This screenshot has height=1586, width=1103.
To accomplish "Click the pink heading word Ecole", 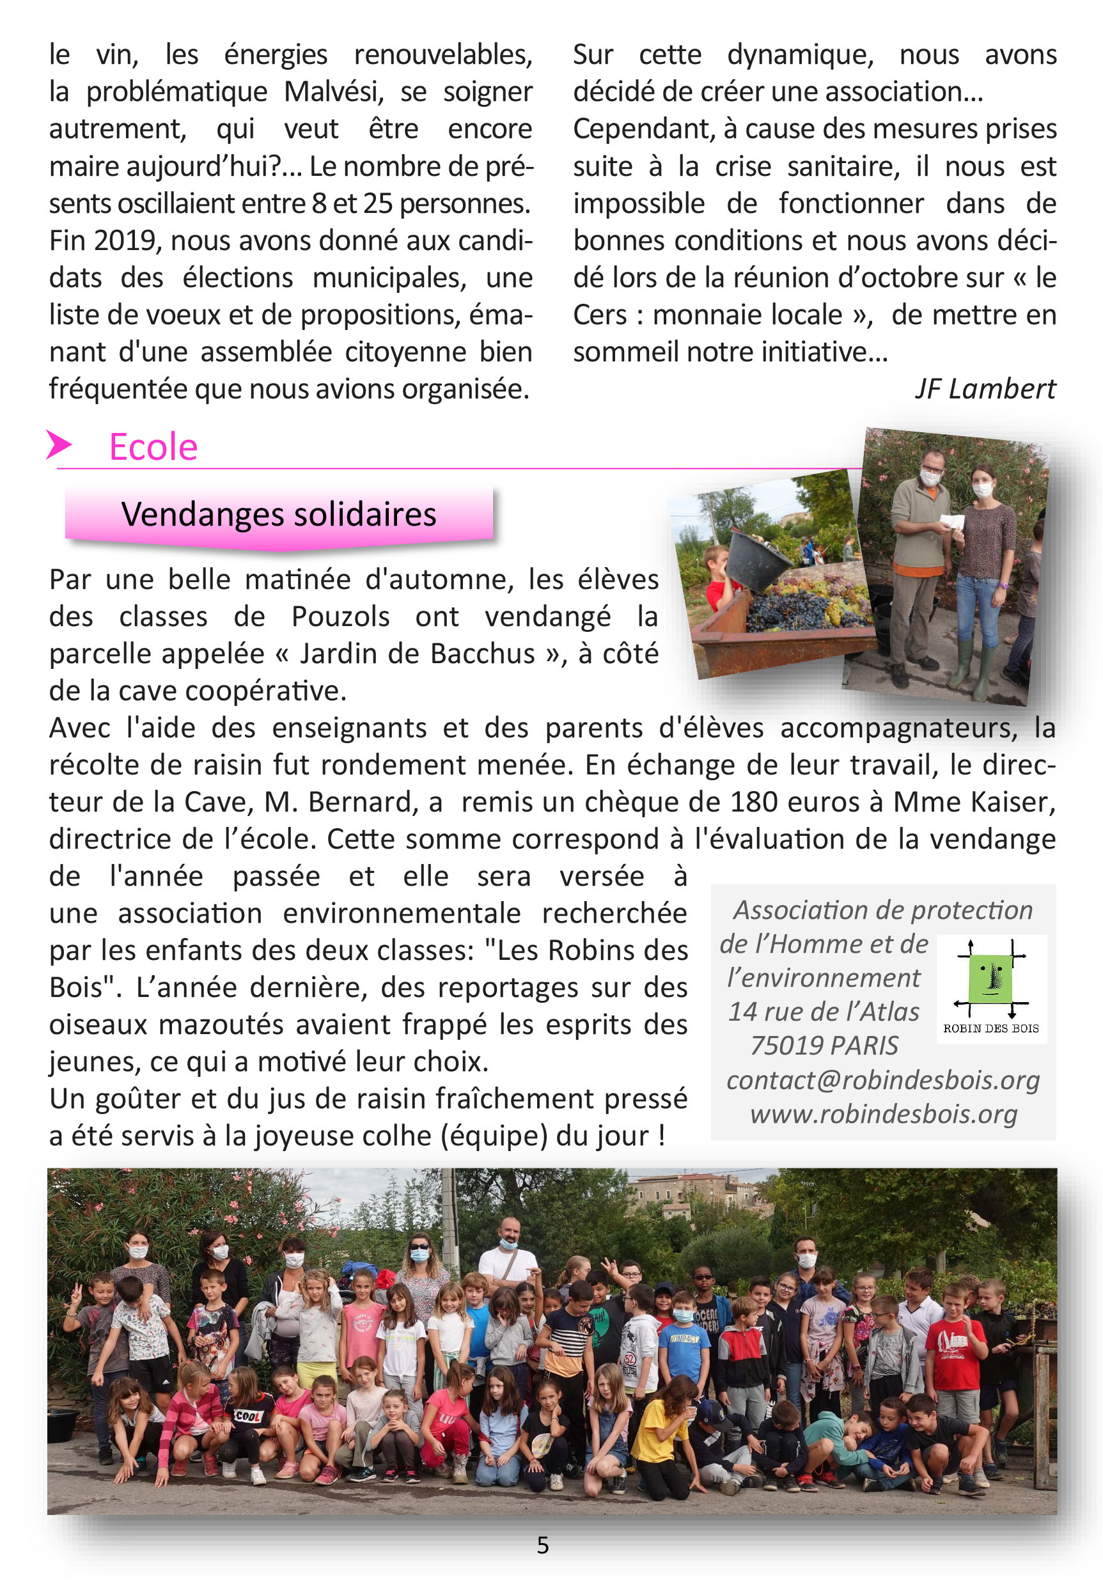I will pyautogui.click(x=153, y=447).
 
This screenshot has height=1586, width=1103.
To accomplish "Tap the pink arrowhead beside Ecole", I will pyautogui.click(x=59, y=444).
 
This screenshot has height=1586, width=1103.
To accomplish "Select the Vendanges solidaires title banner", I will pyautogui.click(x=278, y=515).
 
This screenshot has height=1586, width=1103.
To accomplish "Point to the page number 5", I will pyautogui.click(x=543, y=1546).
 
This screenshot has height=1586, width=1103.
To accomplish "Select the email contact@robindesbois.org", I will pyautogui.click(x=882, y=1080).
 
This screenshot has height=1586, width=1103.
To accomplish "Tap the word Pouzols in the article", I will pyautogui.click(x=340, y=617).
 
